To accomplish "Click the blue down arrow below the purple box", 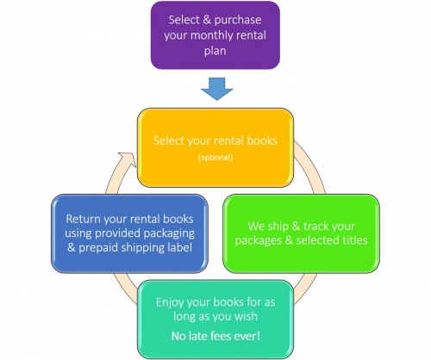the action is [217, 89].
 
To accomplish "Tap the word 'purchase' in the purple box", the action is [238, 21].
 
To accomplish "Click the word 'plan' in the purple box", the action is [215, 52].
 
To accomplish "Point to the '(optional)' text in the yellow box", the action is [215, 158].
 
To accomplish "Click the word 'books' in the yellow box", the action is [262, 140].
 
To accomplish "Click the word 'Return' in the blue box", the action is [84, 219].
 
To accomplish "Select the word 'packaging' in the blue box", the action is [169, 234].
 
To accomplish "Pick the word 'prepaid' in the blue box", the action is [98, 248].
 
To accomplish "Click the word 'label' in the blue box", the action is [180, 247].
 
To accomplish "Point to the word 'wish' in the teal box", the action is [246, 316].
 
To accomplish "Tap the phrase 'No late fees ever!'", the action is [215, 336].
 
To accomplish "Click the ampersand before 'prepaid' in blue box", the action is [72, 247].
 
